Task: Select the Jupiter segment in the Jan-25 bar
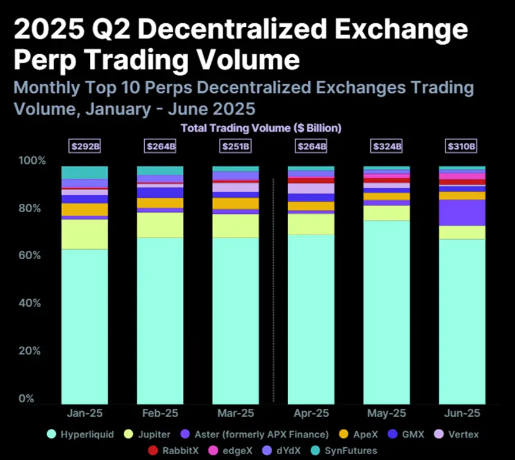(x=85, y=234)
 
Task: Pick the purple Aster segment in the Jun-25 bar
(x=462, y=213)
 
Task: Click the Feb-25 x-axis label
(x=160, y=413)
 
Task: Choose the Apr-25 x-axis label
(x=311, y=413)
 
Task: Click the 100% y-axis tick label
(x=31, y=161)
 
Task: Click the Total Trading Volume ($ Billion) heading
(x=261, y=128)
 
